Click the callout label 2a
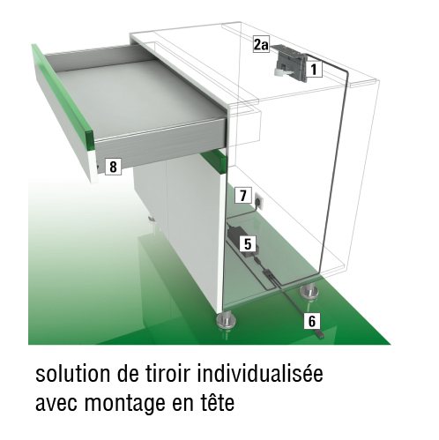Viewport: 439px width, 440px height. [261, 45]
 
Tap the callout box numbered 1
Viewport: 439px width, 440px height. [314, 70]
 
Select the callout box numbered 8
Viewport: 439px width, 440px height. [113, 167]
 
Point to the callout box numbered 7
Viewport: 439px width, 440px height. [243, 195]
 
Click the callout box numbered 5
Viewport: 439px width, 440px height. [248, 244]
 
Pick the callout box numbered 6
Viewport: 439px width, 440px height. [312, 320]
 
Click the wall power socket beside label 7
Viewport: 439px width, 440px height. [259, 201]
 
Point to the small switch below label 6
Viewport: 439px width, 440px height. [319, 333]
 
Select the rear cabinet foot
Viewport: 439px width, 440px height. [309, 292]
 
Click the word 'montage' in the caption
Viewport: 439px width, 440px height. [125, 405]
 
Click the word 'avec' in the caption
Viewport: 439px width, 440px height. [56, 404]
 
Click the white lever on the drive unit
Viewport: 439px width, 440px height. [282, 71]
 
